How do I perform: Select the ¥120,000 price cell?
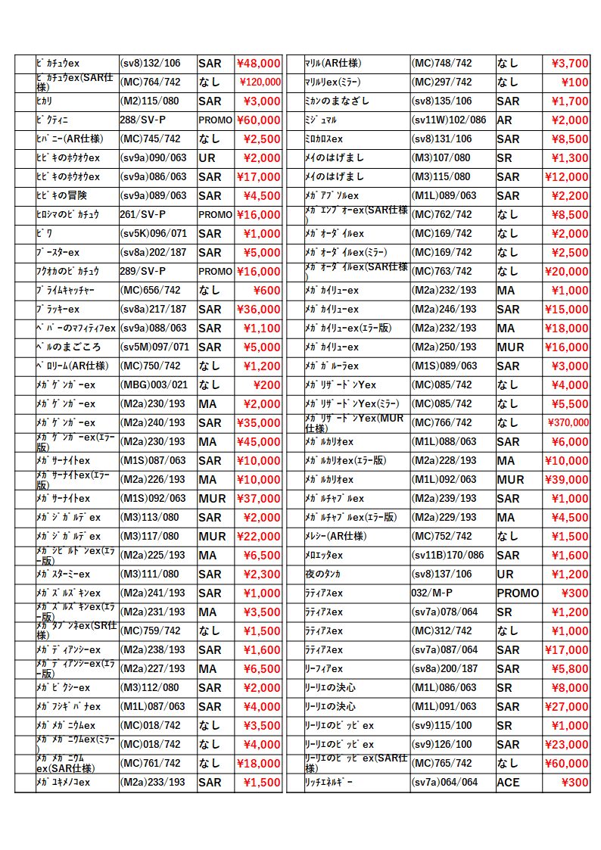tap(260, 83)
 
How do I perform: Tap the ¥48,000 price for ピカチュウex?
tap(258, 64)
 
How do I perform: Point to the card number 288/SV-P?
tap(142, 120)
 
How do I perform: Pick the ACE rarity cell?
tap(508, 783)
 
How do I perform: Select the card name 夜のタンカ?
tap(323, 574)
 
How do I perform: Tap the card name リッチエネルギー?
tap(329, 783)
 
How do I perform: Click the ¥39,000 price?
tap(565, 480)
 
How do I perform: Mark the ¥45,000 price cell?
tap(258, 442)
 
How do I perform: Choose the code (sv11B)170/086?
tap(448, 556)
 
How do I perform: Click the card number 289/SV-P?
tap(142, 272)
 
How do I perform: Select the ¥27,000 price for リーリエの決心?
tap(565, 707)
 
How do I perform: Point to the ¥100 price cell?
tap(576, 83)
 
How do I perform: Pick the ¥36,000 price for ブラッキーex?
tap(258, 310)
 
